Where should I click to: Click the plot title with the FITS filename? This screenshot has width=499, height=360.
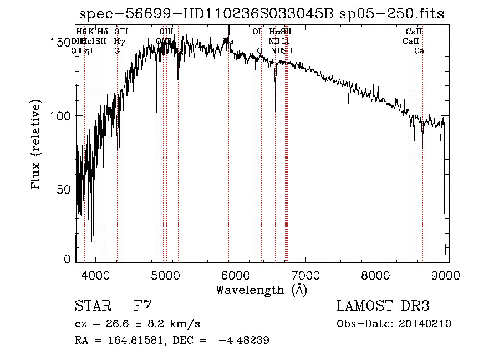point(262,14)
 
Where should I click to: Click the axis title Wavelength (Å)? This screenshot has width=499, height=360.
point(261,290)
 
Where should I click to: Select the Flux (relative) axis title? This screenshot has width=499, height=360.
point(37,146)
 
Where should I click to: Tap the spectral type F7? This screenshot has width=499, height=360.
point(142,306)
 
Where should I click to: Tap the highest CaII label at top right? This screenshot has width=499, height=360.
point(414,32)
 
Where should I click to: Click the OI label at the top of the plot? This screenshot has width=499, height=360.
point(256,32)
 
